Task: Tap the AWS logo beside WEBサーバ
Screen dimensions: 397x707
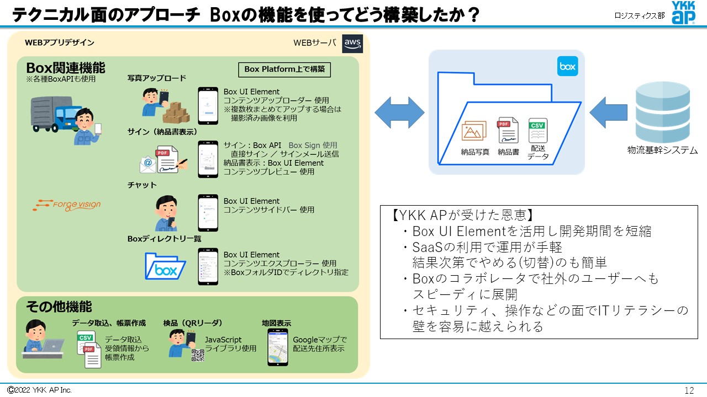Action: pyautogui.click(x=352, y=43)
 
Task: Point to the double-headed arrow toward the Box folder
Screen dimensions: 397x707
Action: pyautogui.click(x=399, y=112)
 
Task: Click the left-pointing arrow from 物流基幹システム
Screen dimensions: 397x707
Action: pyautogui.click(x=609, y=112)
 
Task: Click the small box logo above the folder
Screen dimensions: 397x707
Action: pyautogui.click(x=567, y=66)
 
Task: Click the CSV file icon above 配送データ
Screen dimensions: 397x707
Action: pyautogui.click(x=537, y=131)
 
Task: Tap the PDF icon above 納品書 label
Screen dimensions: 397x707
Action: pyautogui.click(x=508, y=131)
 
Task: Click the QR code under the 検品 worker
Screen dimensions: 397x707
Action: pyautogui.click(x=198, y=355)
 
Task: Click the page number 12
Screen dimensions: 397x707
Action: pyautogui.click(x=688, y=390)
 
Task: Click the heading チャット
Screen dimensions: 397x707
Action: pyautogui.click(x=142, y=185)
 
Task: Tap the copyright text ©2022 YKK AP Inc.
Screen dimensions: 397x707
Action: pyautogui.click(x=39, y=390)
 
